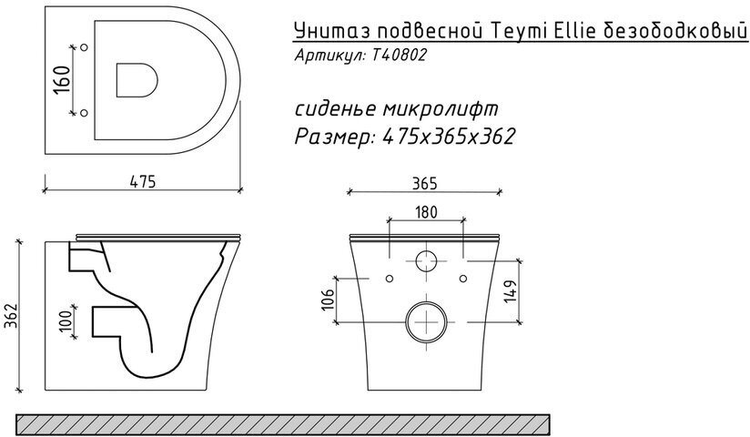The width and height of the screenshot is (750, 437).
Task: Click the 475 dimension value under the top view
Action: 143,182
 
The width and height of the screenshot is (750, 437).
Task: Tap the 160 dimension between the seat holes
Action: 62,79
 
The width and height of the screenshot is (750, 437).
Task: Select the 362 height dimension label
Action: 11,317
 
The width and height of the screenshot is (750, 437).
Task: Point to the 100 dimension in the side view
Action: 66,320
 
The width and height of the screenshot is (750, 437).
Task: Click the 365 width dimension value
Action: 424,183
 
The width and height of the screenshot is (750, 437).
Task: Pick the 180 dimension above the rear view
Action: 426,212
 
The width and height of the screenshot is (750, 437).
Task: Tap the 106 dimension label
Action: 328,300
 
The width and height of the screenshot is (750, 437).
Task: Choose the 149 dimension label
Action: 511,291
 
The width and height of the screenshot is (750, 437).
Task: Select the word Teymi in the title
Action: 519,32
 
